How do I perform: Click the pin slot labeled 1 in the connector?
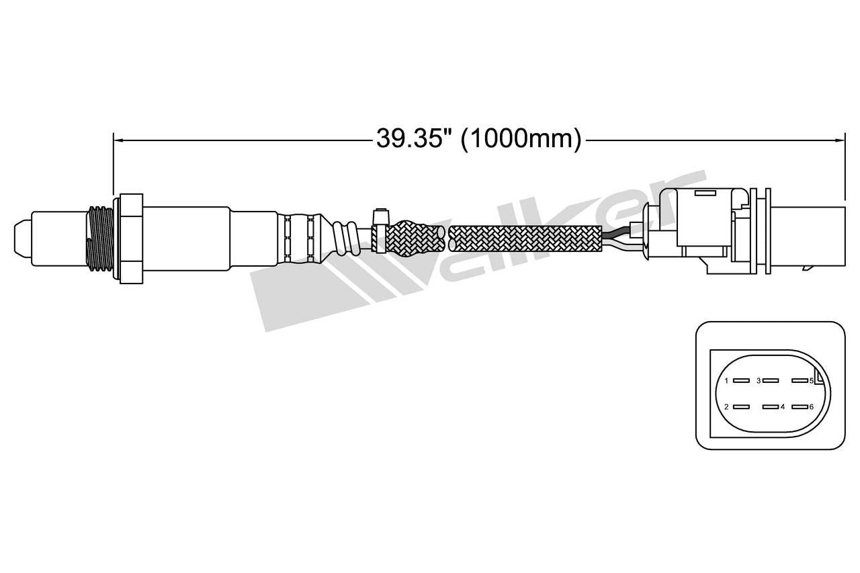(x=740, y=381)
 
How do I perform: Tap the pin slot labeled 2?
(x=740, y=407)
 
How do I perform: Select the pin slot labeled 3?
(x=770, y=381)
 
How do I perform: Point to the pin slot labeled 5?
(x=799, y=381)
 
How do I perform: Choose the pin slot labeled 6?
(x=799, y=407)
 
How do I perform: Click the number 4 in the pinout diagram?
(x=783, y=407)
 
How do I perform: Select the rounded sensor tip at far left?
(x=22, y=238)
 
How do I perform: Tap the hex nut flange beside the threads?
(x=131, y=238)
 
